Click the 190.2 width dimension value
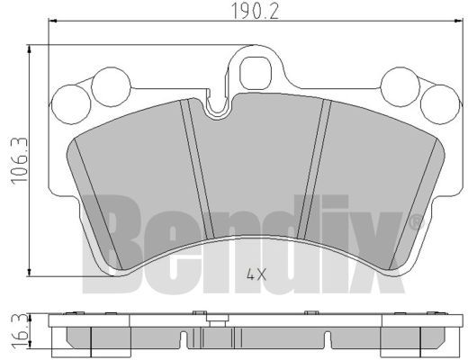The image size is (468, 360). coord(256,11)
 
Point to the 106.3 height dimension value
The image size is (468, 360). coord(19,160)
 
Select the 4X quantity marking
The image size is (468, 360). coord(256,274)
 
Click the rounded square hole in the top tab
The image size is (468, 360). coord(256,74)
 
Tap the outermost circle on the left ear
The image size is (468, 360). coord(71,104)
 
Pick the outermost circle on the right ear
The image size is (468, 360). coord(440,104)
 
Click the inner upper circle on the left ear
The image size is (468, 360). coord(111,86)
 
